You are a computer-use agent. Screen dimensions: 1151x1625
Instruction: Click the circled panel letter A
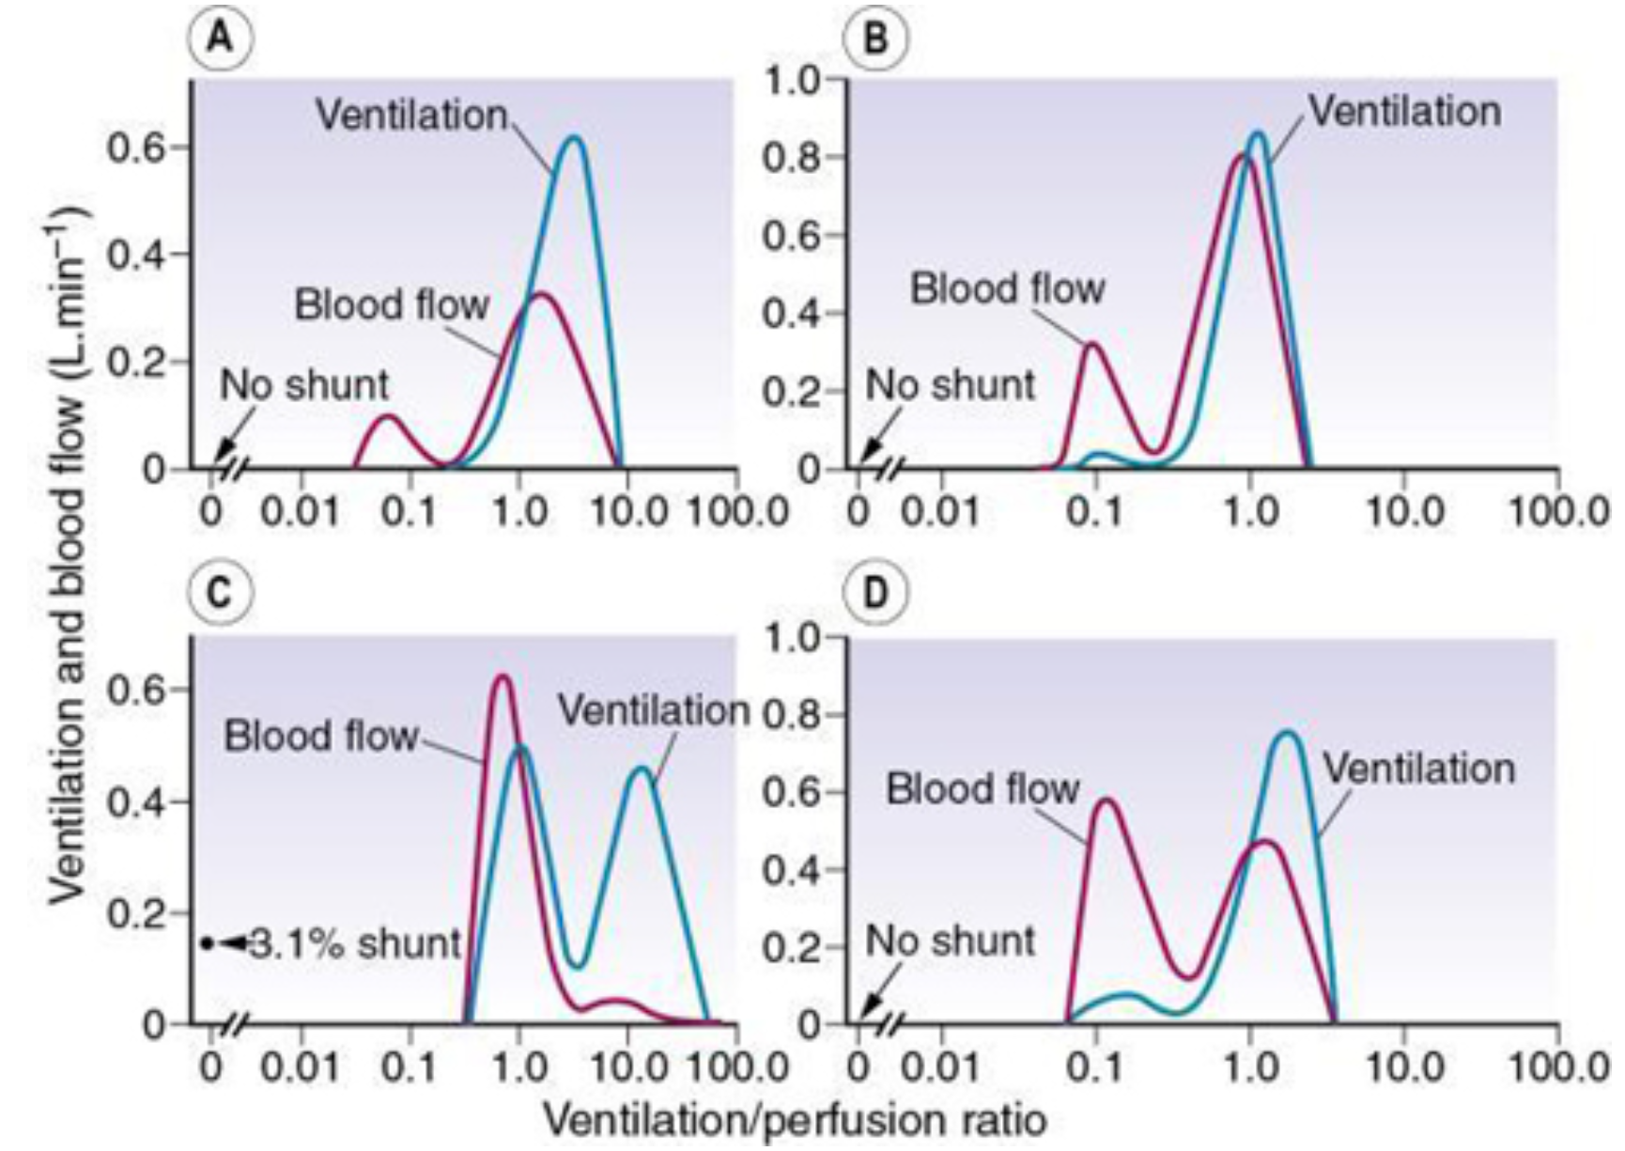click(220, 40)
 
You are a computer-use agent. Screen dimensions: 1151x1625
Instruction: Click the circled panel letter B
click(874, 40)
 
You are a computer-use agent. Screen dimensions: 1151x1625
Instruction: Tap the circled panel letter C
click(220, 594)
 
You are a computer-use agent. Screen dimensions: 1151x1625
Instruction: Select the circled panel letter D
click(874, 594)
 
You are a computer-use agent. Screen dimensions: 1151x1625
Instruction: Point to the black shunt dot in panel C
click(208, 943)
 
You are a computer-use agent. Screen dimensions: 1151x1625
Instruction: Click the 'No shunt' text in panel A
click(304, 385)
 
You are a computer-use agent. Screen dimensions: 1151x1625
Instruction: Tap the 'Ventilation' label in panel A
click(411, 116)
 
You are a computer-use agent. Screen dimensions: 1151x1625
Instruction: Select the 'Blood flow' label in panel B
click(1007, 288)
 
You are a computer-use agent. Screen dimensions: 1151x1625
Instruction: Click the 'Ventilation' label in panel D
click(1419, 769)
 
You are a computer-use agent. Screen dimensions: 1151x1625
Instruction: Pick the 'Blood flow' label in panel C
click(320, 736)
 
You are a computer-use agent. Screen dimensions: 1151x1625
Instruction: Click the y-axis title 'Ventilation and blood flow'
click(70, 554)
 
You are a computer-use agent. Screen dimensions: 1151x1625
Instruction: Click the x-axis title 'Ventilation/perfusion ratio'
click(795, 1120)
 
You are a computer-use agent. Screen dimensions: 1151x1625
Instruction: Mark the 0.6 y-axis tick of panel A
click(137, 148)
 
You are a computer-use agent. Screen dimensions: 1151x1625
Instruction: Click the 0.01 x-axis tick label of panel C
click(301, 1067)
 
